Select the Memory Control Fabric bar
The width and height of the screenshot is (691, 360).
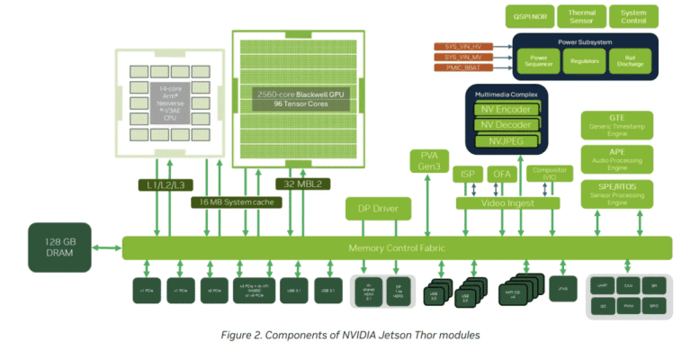coord(396,247)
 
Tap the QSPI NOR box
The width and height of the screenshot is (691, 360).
coord(532,15)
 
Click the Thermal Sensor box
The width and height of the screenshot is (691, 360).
coord(582,15)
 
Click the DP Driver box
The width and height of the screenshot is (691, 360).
coord(378,210)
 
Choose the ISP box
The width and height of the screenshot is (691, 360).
coord(468,173)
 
